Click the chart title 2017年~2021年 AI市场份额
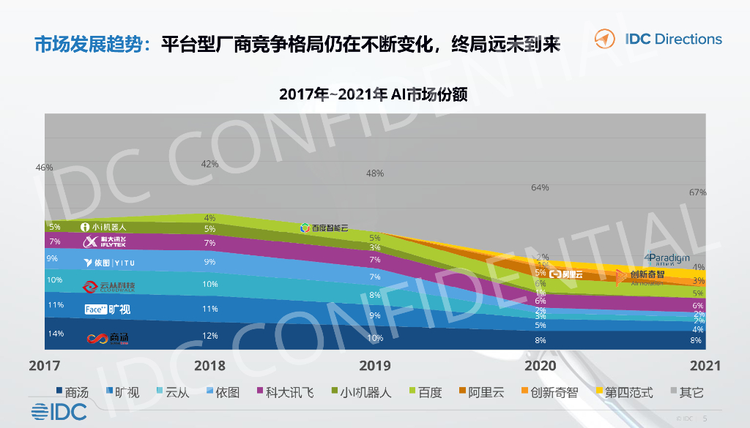point(374,95)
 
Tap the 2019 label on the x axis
point(374,365)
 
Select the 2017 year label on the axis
point(45,365)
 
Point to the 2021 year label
point(705,365)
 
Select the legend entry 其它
point(686,393)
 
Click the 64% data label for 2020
point(540,188)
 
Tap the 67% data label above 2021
point(697,192)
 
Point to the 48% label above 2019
point(375,173)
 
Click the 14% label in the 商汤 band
point(55,334)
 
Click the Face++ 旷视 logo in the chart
point(107,309)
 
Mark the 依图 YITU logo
point(109,262)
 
